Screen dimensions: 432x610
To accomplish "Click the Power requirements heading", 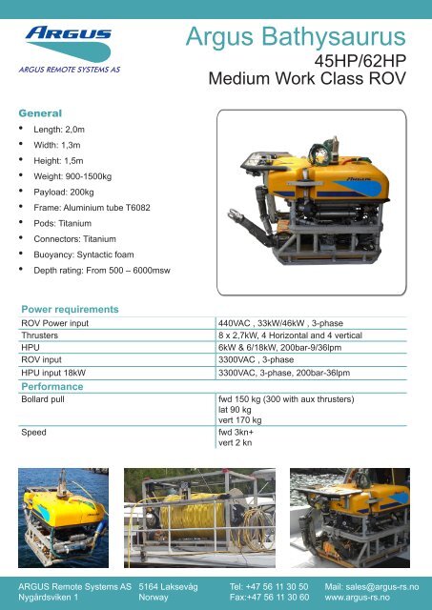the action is click(x=70, y=310).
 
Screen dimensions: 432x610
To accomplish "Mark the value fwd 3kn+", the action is click(x=240, y=431).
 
